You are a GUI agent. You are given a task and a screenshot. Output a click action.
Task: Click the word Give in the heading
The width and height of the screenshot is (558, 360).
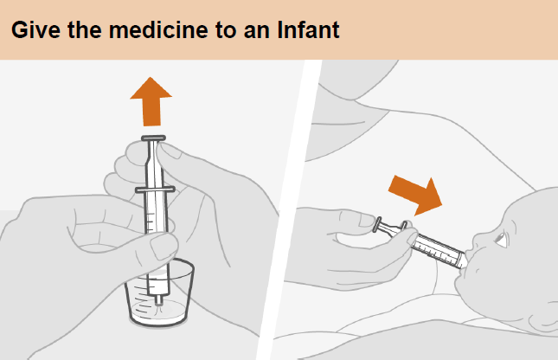36,29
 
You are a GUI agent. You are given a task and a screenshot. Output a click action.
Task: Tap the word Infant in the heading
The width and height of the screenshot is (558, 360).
308,29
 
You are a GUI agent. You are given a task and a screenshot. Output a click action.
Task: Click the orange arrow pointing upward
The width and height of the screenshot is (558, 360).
151,101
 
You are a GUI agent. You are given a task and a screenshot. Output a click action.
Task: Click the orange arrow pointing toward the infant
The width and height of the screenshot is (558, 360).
416,195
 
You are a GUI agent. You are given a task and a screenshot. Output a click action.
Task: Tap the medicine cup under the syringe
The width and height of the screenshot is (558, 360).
159,293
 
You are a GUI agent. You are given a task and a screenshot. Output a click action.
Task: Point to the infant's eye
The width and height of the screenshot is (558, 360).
502,240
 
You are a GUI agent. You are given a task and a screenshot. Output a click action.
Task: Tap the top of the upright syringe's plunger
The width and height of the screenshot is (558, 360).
153,138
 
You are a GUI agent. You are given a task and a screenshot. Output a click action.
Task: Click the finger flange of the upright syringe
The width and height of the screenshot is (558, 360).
155,190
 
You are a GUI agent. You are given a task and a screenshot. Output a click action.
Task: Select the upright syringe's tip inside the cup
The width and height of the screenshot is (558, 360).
158,300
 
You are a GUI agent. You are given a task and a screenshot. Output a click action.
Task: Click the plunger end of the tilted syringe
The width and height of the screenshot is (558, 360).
377,225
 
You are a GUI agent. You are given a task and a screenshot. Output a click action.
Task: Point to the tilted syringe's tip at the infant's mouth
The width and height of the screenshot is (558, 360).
464,262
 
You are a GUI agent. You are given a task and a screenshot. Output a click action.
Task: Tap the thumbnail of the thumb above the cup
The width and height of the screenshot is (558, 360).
163,247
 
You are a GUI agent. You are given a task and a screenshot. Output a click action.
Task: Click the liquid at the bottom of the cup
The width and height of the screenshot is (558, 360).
158,313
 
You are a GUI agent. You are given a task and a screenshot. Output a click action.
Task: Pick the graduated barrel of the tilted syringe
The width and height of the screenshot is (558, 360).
438,249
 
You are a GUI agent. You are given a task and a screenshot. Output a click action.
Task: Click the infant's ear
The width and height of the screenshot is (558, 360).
543,318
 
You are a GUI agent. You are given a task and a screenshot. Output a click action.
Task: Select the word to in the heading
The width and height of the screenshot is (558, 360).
226,29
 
